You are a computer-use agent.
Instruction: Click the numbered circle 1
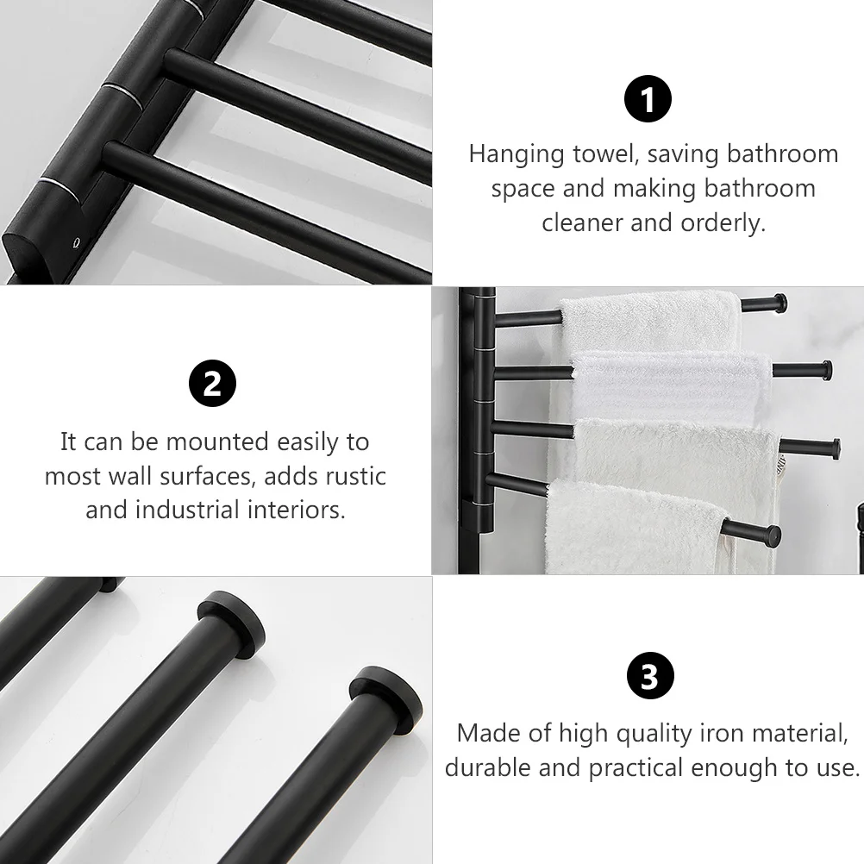pos(648,100)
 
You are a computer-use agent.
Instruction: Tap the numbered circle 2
pos(212,383)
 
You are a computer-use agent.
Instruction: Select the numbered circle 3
pos(648,677)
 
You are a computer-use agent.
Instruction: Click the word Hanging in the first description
pos(517,154)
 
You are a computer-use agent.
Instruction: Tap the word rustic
pos(354,476)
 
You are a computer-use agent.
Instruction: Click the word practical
pos(663,767)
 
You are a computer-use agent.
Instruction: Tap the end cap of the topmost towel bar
pos(779,303)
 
